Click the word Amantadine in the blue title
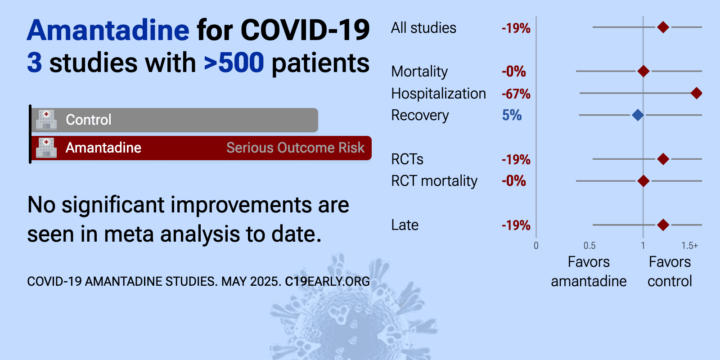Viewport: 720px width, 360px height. pos(108,30)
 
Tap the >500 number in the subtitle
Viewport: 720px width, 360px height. pos(234,63)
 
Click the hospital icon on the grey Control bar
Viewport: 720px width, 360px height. pos(46,120)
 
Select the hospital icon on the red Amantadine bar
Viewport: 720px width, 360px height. pos(46,148)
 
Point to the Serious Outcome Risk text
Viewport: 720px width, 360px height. pos(295,148)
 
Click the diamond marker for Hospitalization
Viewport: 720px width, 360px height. pos(696,93)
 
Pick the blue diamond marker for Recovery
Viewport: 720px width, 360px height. pos(638,115)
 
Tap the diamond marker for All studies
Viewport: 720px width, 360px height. pos(663,27)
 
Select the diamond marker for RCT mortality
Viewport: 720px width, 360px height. pos(643,181)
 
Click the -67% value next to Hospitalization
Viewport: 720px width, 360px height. pos(516,94)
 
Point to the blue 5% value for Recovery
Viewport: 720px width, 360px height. pos(512,115)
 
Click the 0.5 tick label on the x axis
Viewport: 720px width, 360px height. pos(589,246)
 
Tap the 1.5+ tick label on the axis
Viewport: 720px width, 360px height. pos(689,246)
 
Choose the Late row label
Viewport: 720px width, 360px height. pos(405,225)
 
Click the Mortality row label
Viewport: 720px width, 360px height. pos(419,72)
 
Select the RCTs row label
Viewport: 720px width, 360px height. pos(407,159)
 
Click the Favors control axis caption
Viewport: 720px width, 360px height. pos(670,272)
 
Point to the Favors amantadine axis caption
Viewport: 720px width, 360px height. pos(589,272)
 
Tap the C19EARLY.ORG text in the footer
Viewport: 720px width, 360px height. pos(327,282)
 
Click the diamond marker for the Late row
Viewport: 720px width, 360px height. pos(663,225)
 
